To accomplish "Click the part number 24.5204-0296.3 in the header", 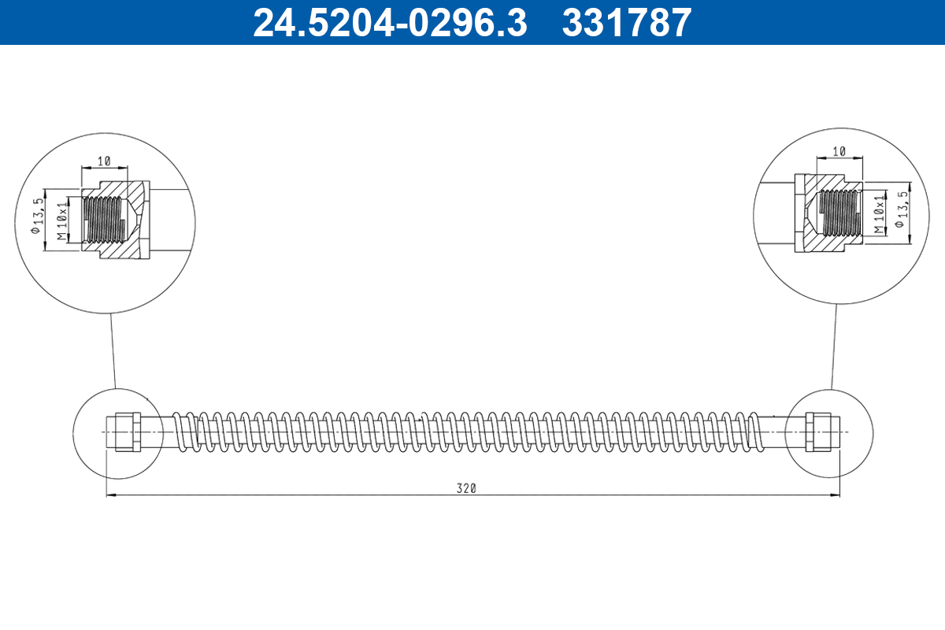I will [x=389, y=22].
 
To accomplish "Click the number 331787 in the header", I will [x=627, y=22].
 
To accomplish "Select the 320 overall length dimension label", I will [x=466, y=488].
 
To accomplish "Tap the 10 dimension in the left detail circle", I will [x=102, y=161].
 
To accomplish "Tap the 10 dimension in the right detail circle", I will [x=838, y=150].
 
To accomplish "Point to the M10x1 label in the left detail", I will [x=62, y=220].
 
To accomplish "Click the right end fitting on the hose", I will [x=818, y=432].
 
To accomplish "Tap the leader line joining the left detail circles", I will [x=113, y=350].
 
